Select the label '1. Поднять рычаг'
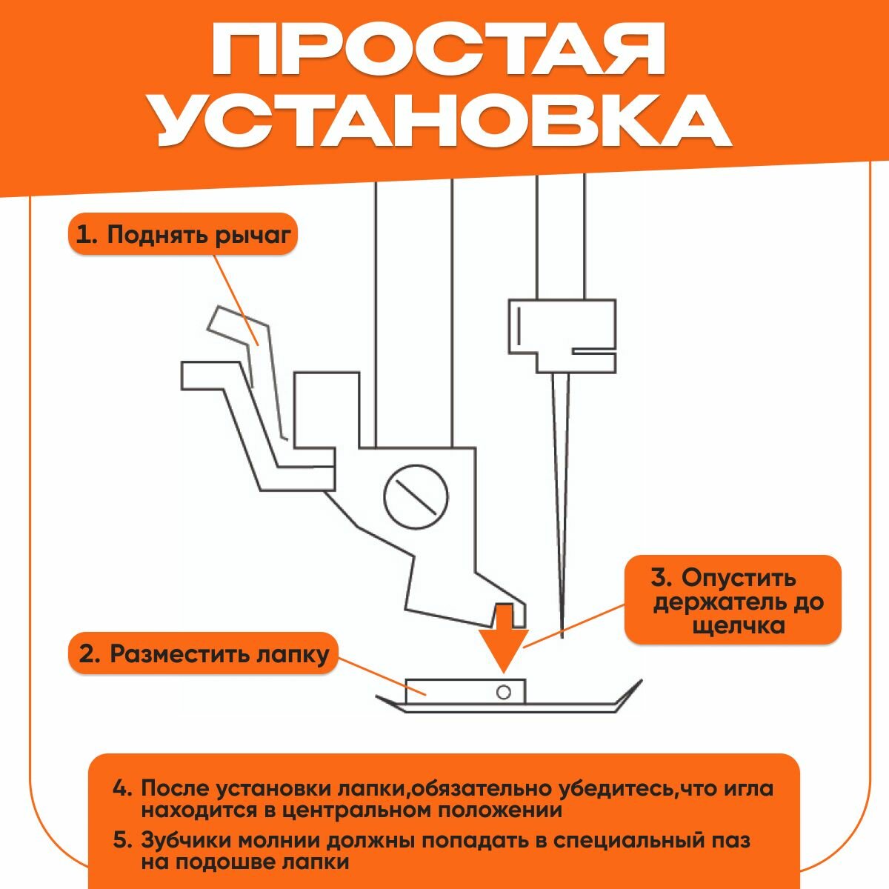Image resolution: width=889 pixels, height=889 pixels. pos(184,235)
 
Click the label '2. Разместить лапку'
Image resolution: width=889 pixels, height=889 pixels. pos(203,653)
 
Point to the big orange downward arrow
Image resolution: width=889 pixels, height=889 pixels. pos(504,630)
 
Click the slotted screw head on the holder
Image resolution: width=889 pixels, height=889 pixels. pos(416,496)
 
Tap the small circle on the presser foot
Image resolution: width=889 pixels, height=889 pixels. pos(504,692)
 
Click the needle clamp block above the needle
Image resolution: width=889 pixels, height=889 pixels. pos(562,333)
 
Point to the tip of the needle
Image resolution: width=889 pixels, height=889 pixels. pos(563,636)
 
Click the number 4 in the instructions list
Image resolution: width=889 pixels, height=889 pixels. pos(121,788)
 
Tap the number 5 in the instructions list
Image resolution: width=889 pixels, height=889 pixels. pos(121,841)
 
